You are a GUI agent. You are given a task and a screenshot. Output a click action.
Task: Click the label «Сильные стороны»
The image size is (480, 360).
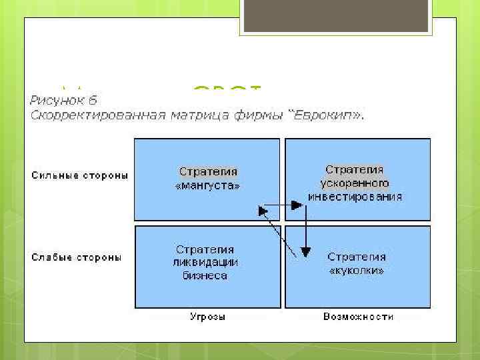79,175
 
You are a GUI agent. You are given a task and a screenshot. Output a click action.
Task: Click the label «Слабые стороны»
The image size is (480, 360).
76,257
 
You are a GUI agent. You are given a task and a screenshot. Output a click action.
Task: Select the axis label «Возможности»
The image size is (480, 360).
358,317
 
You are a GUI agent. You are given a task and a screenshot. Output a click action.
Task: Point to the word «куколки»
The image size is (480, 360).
357,271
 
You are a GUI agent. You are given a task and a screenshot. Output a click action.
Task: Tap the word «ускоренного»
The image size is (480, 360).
355,183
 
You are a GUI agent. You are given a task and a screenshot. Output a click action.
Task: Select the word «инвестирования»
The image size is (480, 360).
355,196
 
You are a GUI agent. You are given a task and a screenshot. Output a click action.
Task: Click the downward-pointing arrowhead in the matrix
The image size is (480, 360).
305,252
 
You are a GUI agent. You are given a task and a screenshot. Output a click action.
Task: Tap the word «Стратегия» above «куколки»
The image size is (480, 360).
357,257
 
